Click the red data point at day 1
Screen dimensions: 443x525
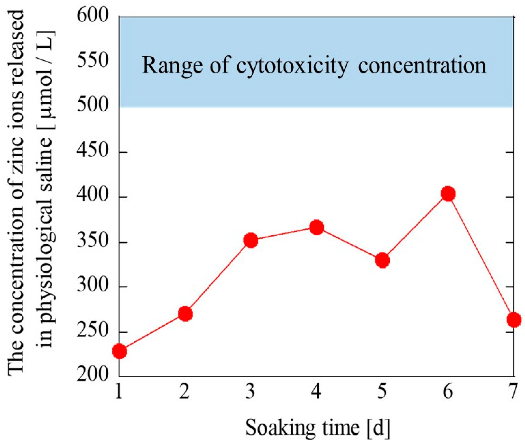(120, 351)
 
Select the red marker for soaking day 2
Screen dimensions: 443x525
(185, 314)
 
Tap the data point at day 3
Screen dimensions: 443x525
(251, 240)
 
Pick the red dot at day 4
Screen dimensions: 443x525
(317, 227)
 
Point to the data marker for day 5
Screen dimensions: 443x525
(382, 260)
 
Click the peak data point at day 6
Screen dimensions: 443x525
(448, 194)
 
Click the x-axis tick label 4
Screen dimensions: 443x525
(317, 392)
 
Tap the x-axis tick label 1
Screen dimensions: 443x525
(119, 392)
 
